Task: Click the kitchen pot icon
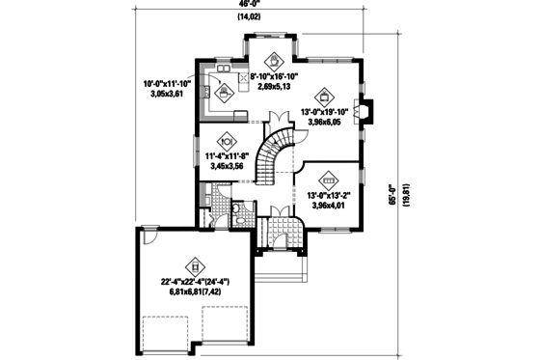(225, 93)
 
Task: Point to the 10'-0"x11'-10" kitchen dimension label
(167, 89)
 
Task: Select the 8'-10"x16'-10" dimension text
(278, 81)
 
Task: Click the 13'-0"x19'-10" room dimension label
(326, 118)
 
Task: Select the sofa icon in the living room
(328, 180)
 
